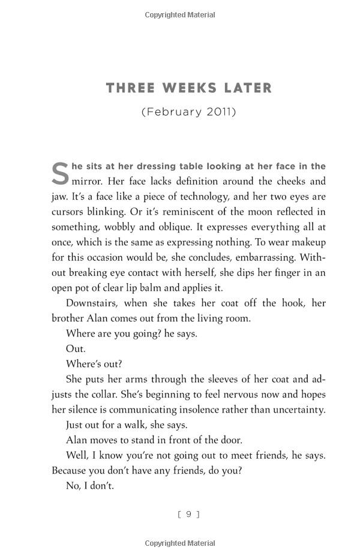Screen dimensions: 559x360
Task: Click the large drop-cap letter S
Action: click(60, 174)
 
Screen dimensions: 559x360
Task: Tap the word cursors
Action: click(68, 212)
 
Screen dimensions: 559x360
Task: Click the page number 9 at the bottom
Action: click(189, 514)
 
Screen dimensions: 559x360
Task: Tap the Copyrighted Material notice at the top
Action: click(180, 15)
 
